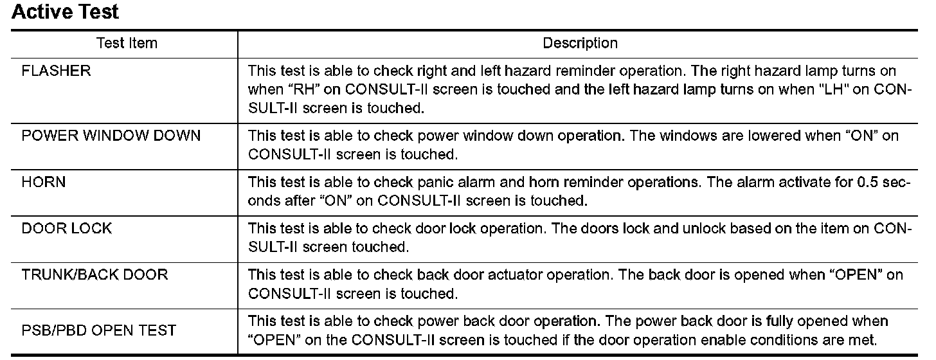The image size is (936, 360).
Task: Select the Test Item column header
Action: pyautogui.click(x=127, y=44)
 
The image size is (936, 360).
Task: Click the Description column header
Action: pyautogui.click(x=580, y=44)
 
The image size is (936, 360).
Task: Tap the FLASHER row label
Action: pyautogui.click(x=57, y=71)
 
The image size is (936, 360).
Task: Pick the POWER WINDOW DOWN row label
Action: pyautogui.click(x=111, y=136)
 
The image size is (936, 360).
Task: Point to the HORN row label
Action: pyautogui.click(x=44, y=183)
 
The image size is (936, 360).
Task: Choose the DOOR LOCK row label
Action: pyautogui.click(x=67, y=229)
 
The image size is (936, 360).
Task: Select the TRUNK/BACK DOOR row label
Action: pyautogui.click(x=94, y=275)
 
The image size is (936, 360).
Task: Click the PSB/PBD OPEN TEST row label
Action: pyautogui.click(x=99, y=331)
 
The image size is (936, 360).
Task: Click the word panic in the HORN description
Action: pyautogui.click(x=436, y=183)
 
